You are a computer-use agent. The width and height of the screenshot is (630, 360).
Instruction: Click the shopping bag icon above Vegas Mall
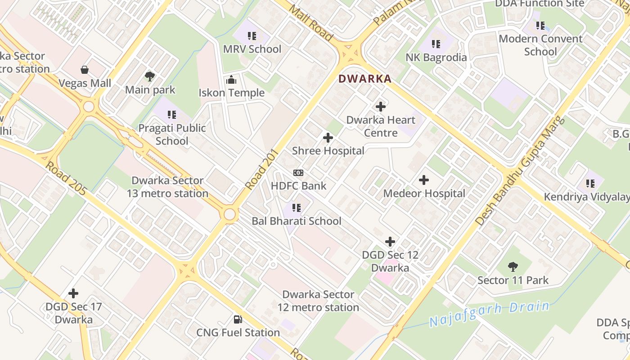point(85,70)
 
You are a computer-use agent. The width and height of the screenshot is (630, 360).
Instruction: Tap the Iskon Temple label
point(231,93)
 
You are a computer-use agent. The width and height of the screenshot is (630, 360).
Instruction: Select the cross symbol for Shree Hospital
point(328,138)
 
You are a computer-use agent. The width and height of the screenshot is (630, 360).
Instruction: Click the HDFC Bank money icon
point(298,173)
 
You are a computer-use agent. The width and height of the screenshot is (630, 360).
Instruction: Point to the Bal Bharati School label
point(297,221)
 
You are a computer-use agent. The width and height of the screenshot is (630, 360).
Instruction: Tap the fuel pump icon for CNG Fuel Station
point(238,319)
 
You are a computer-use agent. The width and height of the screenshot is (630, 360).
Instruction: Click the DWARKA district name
point(364,79)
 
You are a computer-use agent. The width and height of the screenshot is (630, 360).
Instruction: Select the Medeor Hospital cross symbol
point(423,180)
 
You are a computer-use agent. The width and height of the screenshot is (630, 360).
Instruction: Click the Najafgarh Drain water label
point(489,314)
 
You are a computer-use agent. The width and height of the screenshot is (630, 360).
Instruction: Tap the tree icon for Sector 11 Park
point(513,267)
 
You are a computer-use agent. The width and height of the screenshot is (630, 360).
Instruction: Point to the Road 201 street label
point(261,169)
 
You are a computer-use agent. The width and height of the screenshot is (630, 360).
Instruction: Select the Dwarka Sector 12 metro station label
point(318,301)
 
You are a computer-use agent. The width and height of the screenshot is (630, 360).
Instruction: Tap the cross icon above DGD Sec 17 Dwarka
point(73,294)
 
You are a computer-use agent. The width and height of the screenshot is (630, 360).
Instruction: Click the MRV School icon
point(252,36)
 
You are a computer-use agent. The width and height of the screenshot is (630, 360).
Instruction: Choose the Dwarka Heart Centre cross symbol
point(381,107)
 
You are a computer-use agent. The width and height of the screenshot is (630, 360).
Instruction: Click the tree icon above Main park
point(150,76)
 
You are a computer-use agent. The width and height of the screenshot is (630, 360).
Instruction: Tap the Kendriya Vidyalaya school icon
point(590,183)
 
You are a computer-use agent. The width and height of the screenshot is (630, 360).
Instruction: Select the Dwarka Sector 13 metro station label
point(167,187)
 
